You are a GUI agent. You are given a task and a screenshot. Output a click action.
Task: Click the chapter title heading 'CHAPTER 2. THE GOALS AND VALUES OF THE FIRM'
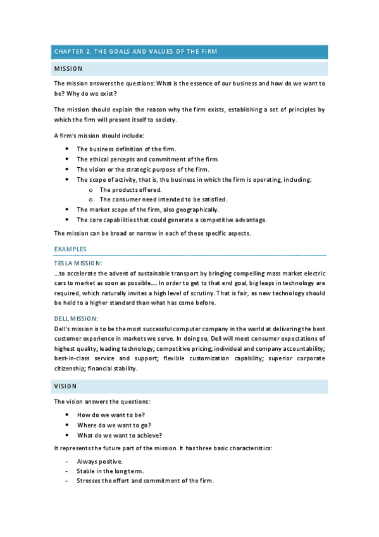[x=137, y=52]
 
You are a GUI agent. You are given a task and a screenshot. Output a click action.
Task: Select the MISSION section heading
[x=68, y=68]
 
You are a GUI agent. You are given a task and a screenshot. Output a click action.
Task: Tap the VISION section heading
[x=65, y=386]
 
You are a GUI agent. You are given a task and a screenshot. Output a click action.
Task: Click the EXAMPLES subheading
[x=70, y=250]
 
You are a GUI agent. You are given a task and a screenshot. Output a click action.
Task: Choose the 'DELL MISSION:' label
[x=77, y=319]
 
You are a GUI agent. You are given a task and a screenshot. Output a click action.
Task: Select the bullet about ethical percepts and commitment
[x=148, y=160]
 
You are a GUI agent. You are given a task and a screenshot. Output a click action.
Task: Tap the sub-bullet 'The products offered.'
[x=130, y=189]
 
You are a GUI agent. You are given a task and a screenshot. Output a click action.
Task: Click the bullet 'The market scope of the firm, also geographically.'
[x=148, y=210]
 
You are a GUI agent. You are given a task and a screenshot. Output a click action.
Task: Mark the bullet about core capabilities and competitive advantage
[x=163, y=220]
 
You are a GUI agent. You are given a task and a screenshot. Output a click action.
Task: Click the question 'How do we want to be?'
[x=111, y=415]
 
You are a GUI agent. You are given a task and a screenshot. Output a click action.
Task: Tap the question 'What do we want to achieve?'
[x=120, y=435]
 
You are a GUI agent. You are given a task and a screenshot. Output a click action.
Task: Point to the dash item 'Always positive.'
[x=100, y=461]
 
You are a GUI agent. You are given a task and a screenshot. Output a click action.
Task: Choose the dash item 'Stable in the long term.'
[x=110, y=471]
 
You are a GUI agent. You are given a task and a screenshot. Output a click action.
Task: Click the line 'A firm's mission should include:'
[x=99, y=136]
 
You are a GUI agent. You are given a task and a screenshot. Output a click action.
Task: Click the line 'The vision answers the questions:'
[x=101, y=401]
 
